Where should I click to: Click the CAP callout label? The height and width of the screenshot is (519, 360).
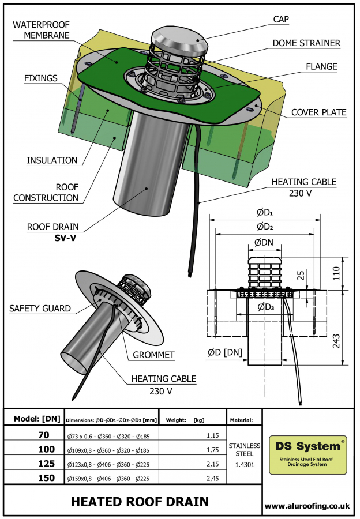[280, 19]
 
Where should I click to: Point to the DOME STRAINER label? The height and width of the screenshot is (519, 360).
[307, 43]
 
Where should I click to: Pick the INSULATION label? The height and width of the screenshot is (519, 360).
[52, 160]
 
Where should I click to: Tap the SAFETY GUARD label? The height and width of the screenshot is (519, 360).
[40, 309]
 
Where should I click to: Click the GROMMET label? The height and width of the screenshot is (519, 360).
[153, 355]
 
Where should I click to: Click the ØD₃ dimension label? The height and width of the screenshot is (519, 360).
[265, 306]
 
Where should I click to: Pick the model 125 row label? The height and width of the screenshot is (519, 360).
[47, 463]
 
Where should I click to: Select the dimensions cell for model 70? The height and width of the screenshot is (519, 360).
[110, 435]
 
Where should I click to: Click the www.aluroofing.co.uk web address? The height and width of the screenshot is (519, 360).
[307, 505]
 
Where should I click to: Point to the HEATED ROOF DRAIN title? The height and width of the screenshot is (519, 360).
[140, 501]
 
